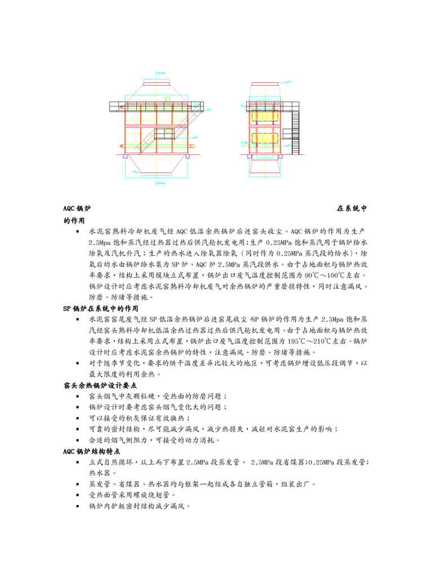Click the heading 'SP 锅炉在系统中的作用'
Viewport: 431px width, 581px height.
100,308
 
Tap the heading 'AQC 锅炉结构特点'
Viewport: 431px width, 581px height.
91,451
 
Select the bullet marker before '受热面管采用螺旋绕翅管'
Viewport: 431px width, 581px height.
77,495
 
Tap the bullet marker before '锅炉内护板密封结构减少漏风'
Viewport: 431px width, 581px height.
77,506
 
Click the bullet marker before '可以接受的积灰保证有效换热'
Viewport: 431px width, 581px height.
77,418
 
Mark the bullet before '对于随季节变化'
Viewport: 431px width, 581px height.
77,363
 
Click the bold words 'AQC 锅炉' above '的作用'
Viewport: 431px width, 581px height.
75,209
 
